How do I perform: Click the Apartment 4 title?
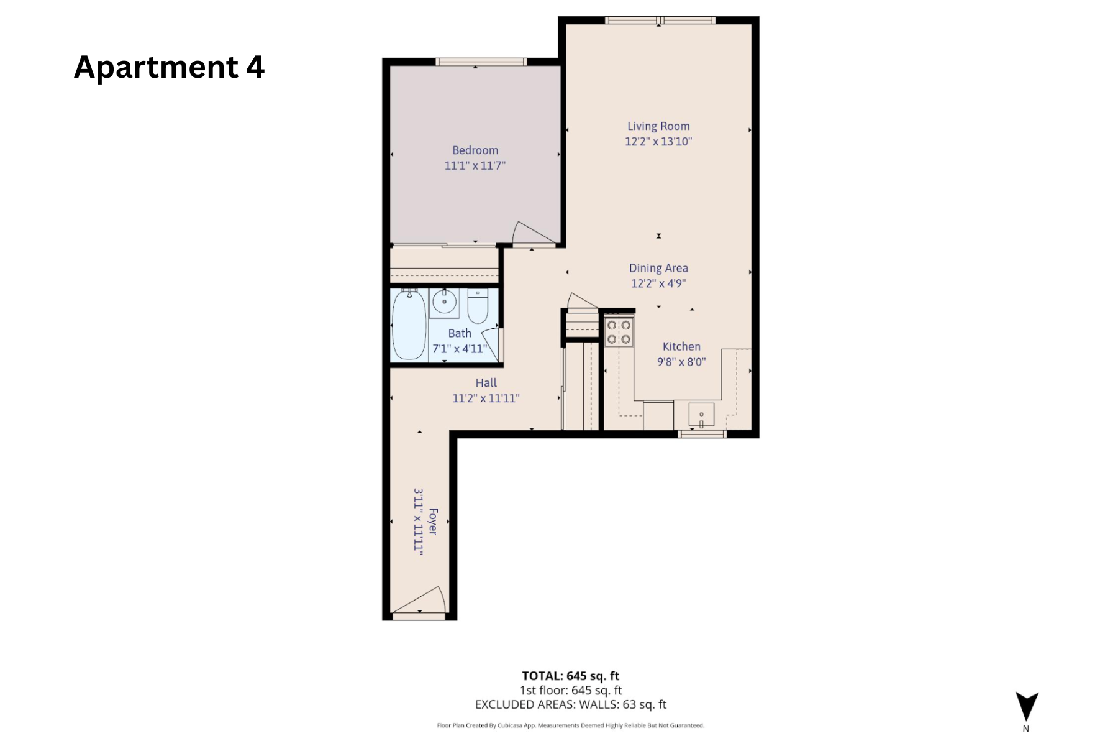tap(169, 67)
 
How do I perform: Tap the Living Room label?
tap(658, 126)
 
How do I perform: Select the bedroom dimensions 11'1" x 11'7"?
tap(475, 166)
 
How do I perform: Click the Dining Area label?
tap(658, 268)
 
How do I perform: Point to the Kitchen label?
tap(681, 347)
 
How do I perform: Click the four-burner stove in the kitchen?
tap(619, 332)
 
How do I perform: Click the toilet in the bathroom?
tap(478, 306)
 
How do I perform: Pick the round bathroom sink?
tap(444, 302)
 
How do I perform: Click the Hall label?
tap(486, 383)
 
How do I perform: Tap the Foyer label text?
tap(433, 521)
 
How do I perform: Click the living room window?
tap(660, 21)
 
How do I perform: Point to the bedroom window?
tap(481, 62)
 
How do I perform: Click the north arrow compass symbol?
tap(1027, 707)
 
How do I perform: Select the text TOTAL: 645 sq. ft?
tap(570, 676)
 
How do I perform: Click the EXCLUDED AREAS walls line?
tap(570, 704)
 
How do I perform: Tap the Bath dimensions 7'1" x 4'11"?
tap(460, 349)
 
